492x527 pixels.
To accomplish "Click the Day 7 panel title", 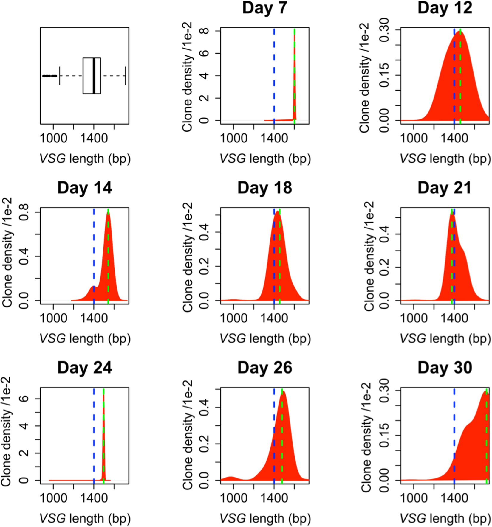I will (x=264, y=8).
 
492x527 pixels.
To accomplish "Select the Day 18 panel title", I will (x=264, y=188).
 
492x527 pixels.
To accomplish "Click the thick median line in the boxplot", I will (x=94, y=76).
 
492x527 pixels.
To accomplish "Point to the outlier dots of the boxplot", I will (x=49, y=76).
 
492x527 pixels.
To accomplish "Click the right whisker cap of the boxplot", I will (x=126, y=76).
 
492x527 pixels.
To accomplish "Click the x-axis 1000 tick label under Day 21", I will (x=414, y=318).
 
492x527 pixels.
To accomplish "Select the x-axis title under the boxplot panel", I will (x=85, y=158).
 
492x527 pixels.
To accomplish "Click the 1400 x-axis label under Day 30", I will (x=454, y=498).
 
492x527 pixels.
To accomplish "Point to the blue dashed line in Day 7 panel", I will (x=274, y=74).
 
